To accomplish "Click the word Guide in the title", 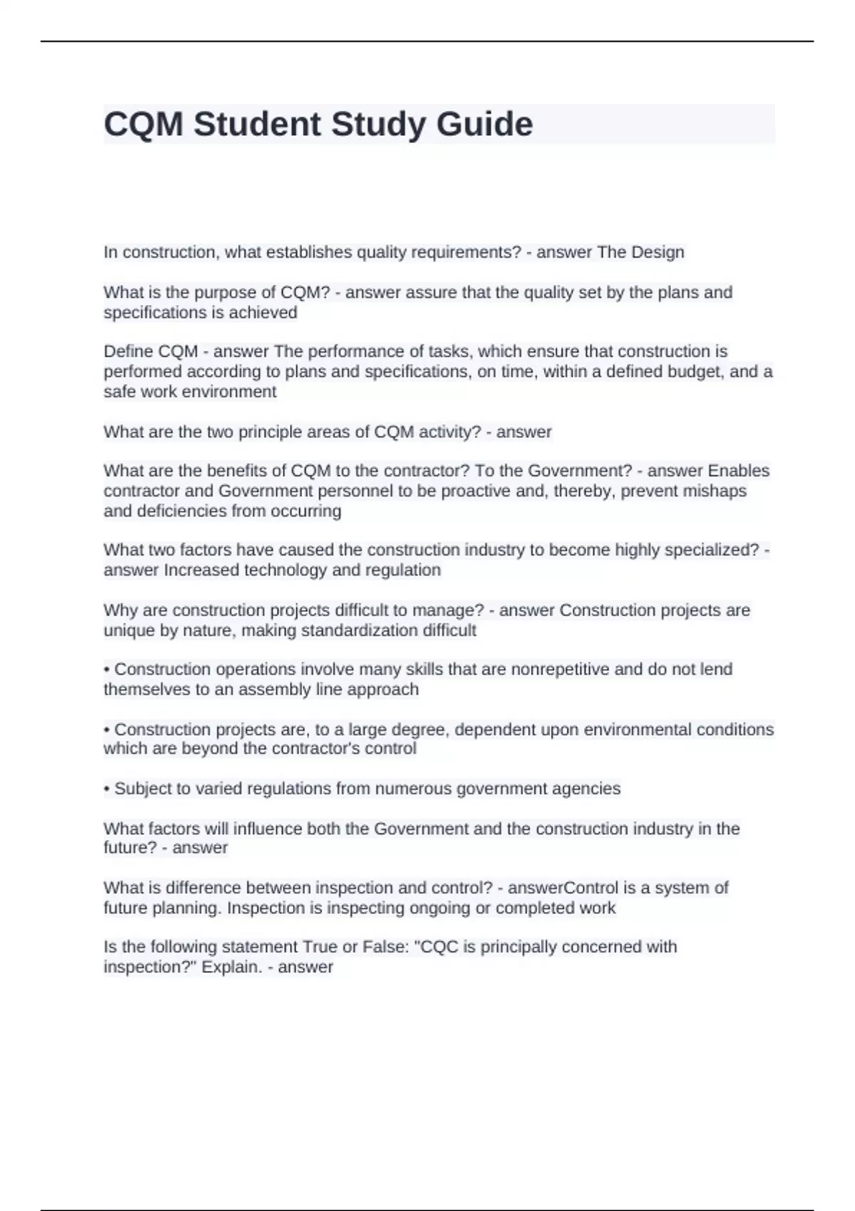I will pyautogui.click(x=484, y=125).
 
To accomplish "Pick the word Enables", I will pyautogui.click(x=739, y=471).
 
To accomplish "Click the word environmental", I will pyautogui.click(x=638, y=729).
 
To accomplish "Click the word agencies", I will pyautogui.click(x=589, y=789).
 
